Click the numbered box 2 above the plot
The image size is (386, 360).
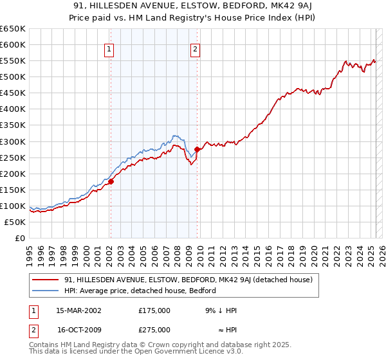pyautogui.click(x=194, y=50)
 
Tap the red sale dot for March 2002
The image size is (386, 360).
pyautogui.click(x=111, y=181)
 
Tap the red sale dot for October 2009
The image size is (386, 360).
pyautogui.click(x=197, y=149)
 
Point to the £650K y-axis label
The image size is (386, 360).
pyautogui.click(x=13, y=29)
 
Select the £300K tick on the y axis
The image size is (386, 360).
pyautogui.click(x=13, y=141)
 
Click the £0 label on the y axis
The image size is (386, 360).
pyautogui.click(x=19, y=238)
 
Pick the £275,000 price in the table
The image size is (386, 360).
pyautogui.click(x=154, y=329)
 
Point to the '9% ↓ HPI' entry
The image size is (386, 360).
pyautogui.click(x=221, y=310)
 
